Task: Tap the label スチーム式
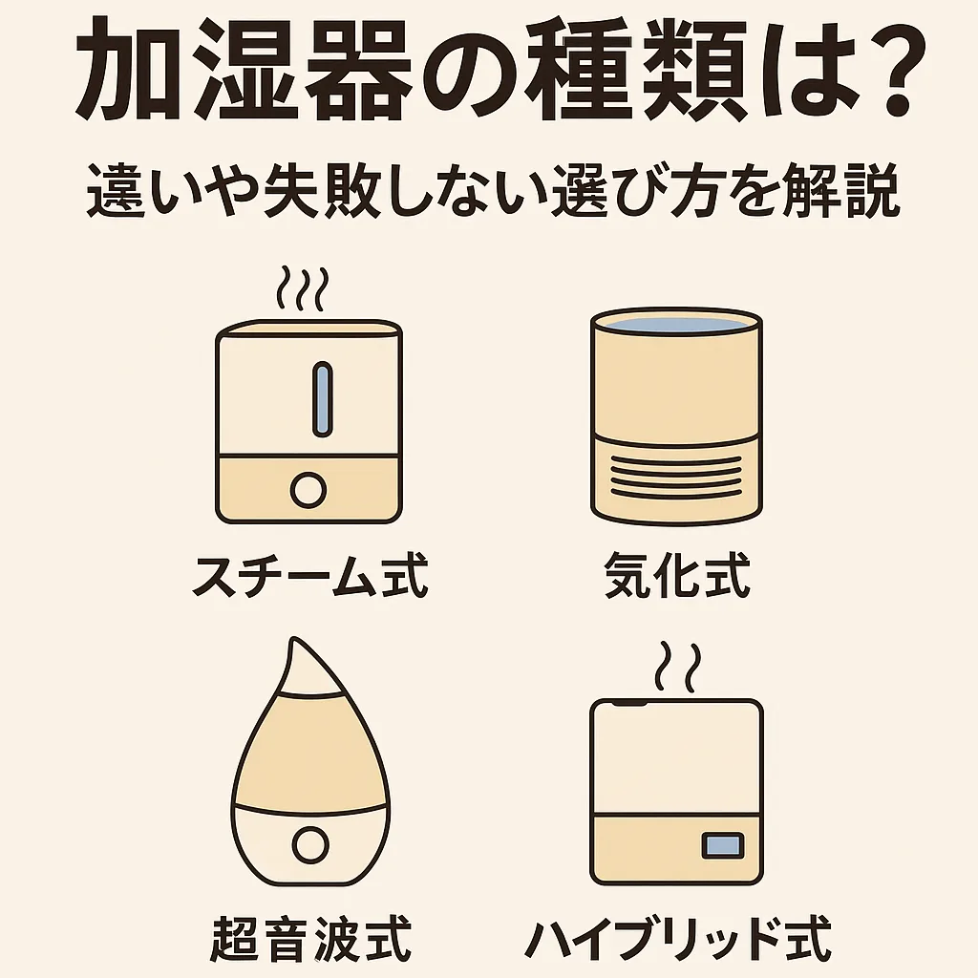coord(310,575)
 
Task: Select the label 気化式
coord(677,575)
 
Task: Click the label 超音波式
coord(310,939)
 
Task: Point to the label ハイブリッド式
coord(678,939)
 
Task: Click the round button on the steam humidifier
coord(308,490)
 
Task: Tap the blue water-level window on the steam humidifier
coord(322,398)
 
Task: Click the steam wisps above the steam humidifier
coord(303,288)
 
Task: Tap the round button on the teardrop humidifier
coord(310,845)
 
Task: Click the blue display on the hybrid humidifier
coord(723,846)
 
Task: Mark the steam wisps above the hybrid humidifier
coord(678,667)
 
